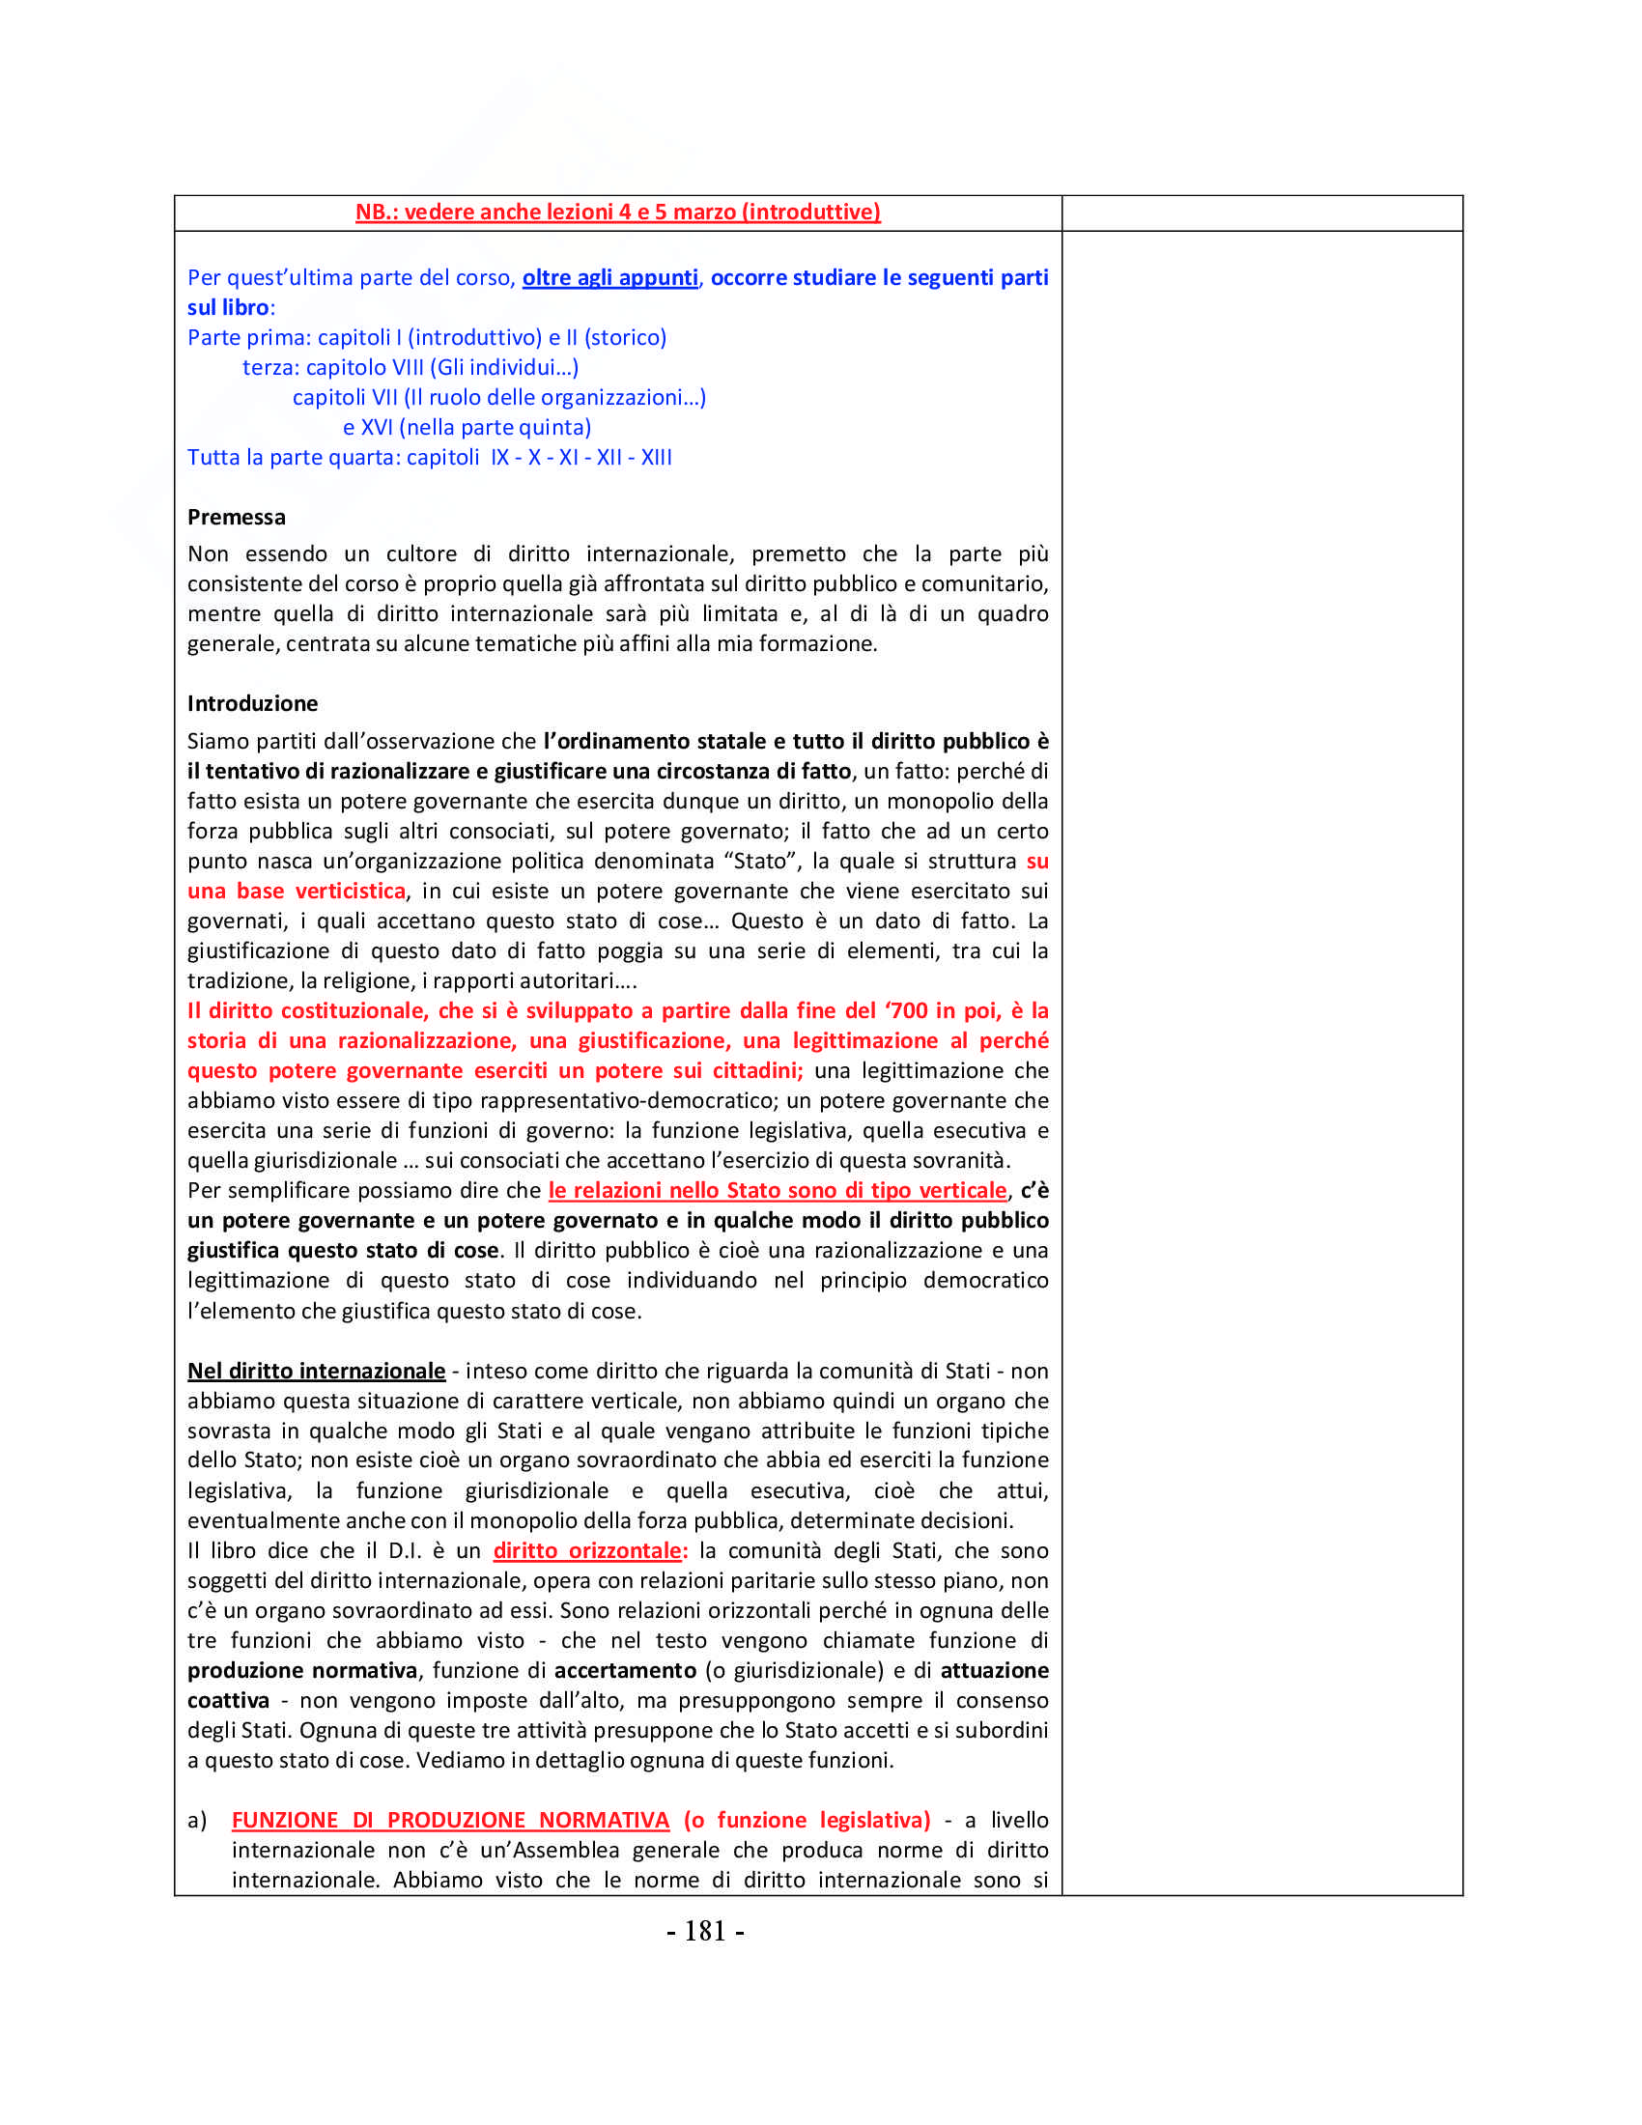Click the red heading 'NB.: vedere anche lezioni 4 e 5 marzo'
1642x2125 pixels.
click(x=618, y=212)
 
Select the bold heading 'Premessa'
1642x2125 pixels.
click(x=237, y=517)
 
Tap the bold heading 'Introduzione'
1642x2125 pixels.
click(x=252, y=703)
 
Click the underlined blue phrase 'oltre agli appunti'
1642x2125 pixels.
click(x=609, y=277)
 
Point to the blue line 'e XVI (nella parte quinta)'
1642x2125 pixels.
click(x=467, y=427)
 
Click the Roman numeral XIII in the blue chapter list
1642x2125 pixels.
click(x=657, y=457)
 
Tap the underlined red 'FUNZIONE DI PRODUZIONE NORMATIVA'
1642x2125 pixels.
click(x=450, y=1820)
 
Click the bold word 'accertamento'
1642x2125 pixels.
click(x=626, y=1670)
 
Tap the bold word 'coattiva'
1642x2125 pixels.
click(x=229, y=1700)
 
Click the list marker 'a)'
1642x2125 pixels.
click(x=196, y=1820)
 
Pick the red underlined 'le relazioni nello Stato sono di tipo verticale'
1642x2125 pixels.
click(x=778, y=1190)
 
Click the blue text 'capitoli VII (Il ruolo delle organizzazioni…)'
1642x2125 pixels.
click(x=499, y=397)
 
